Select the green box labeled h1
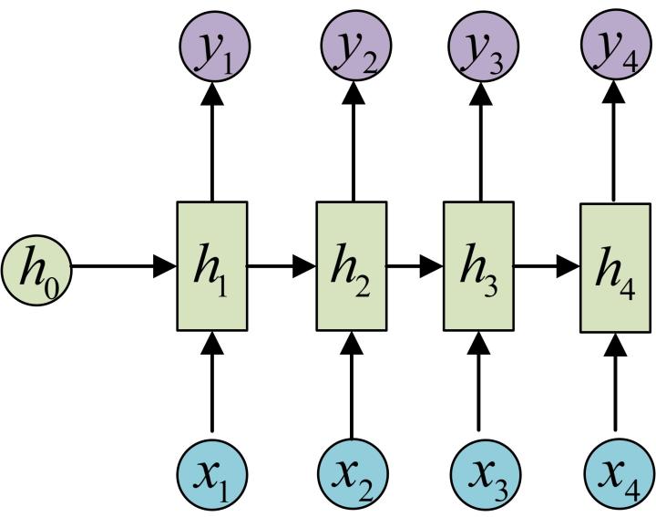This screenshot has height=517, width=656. [211, 266]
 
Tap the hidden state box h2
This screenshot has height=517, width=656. [352, 266]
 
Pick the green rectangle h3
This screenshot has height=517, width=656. [478, 266]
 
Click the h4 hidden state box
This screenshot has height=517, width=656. [615, 266]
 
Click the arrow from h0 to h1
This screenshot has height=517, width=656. [123, 267]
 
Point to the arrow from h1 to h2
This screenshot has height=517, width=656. [282, 267]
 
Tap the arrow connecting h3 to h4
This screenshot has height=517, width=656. [547, 267]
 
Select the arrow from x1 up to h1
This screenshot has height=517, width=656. [211, 383]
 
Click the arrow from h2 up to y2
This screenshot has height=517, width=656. [352, 141]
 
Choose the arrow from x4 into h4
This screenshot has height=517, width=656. [615, 383]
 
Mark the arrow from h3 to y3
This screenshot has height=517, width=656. [478, 141]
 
